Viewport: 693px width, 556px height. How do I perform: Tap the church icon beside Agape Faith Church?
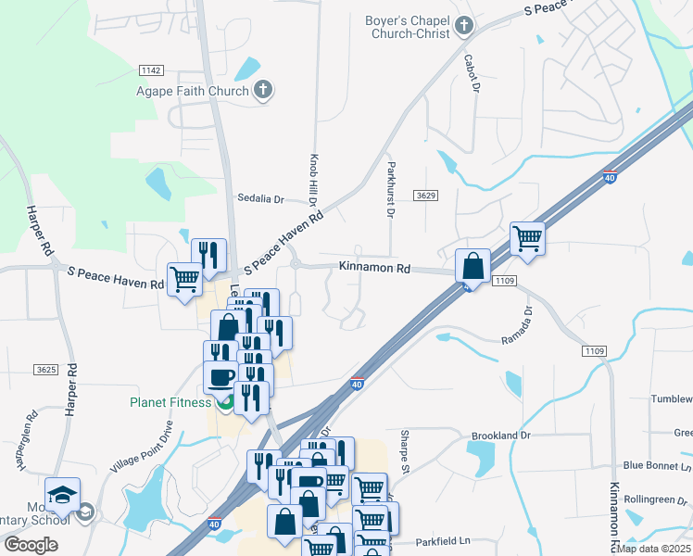[264, 90]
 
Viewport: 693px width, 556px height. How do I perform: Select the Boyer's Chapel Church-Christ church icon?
[464, 27]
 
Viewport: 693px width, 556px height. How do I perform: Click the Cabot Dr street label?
[475, 73]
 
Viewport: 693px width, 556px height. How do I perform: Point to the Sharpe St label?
[405, 450]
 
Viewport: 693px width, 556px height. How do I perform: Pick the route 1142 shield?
[151, 70]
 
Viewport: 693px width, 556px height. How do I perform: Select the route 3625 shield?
[45, 370]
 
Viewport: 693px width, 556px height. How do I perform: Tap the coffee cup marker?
[220, 377]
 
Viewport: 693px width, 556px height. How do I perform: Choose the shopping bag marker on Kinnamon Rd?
[472, 267]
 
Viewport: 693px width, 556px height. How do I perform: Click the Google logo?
[31, 544]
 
